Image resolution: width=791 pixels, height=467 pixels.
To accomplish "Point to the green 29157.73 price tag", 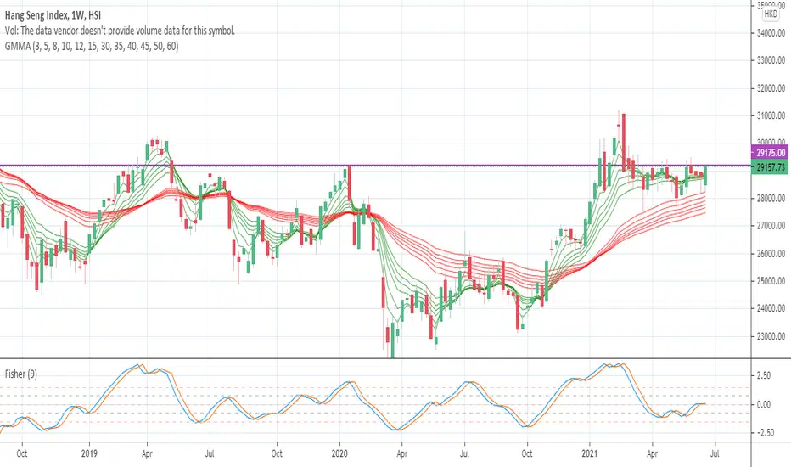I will click(770, 168).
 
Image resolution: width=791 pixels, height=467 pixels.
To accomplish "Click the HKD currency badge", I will click(771, 14).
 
